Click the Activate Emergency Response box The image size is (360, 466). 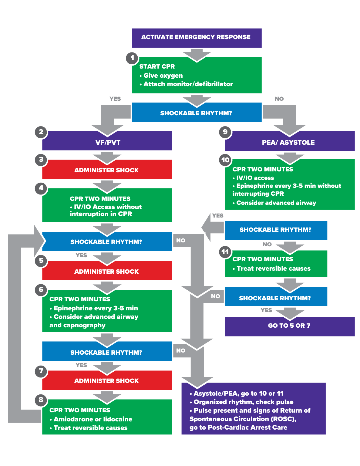pos(197,38)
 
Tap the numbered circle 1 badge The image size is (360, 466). pos(132,58)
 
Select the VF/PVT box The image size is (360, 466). pos(107,142)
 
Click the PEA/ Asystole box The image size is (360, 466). pos(290,142)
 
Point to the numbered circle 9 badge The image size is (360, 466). pos(225,132)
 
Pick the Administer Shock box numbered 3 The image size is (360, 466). pos(107,170)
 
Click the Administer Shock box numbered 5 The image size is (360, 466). pos(107,272)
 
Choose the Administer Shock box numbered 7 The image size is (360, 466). pos(107,381)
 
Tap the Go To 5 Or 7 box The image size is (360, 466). pos(290,326)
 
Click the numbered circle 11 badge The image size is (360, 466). pos(225,252)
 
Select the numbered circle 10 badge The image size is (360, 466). pos(225,160)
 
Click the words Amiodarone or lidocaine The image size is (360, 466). pos(93,419)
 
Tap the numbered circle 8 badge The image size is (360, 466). pos(41,400)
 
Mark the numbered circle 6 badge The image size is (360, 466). pos(41,289)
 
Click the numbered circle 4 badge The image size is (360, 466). pos(41,188)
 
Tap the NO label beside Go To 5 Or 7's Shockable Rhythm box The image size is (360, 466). pos(215,296)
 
